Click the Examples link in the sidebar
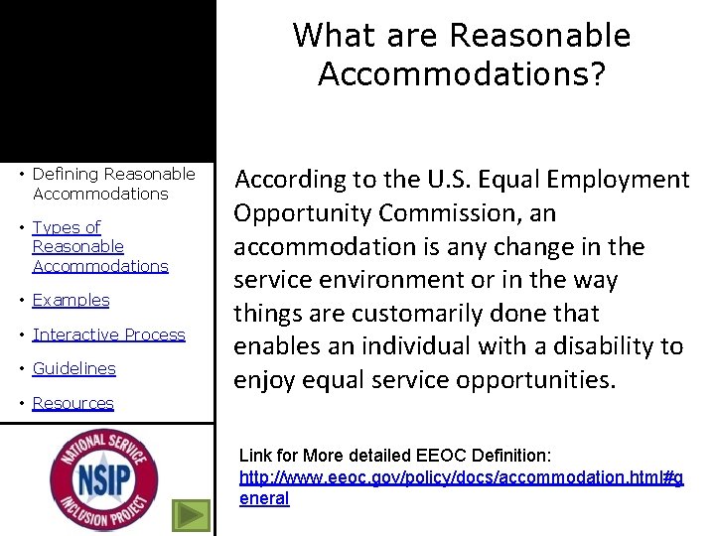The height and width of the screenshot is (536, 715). tap(71, 300)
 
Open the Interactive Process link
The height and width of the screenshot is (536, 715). tap(108, 335)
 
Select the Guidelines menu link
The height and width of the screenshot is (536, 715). tap(73, 368)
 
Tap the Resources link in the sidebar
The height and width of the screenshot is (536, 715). tap(72, 403)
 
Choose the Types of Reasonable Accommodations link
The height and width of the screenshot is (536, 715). tap(99, 246)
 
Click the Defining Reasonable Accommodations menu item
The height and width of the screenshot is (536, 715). tap(113, 184)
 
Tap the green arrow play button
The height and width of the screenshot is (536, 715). tap(191, 515)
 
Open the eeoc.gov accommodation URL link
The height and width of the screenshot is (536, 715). tap(461, 477)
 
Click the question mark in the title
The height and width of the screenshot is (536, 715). tap(595, 74)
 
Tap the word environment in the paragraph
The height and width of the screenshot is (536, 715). tap(378, 280)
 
